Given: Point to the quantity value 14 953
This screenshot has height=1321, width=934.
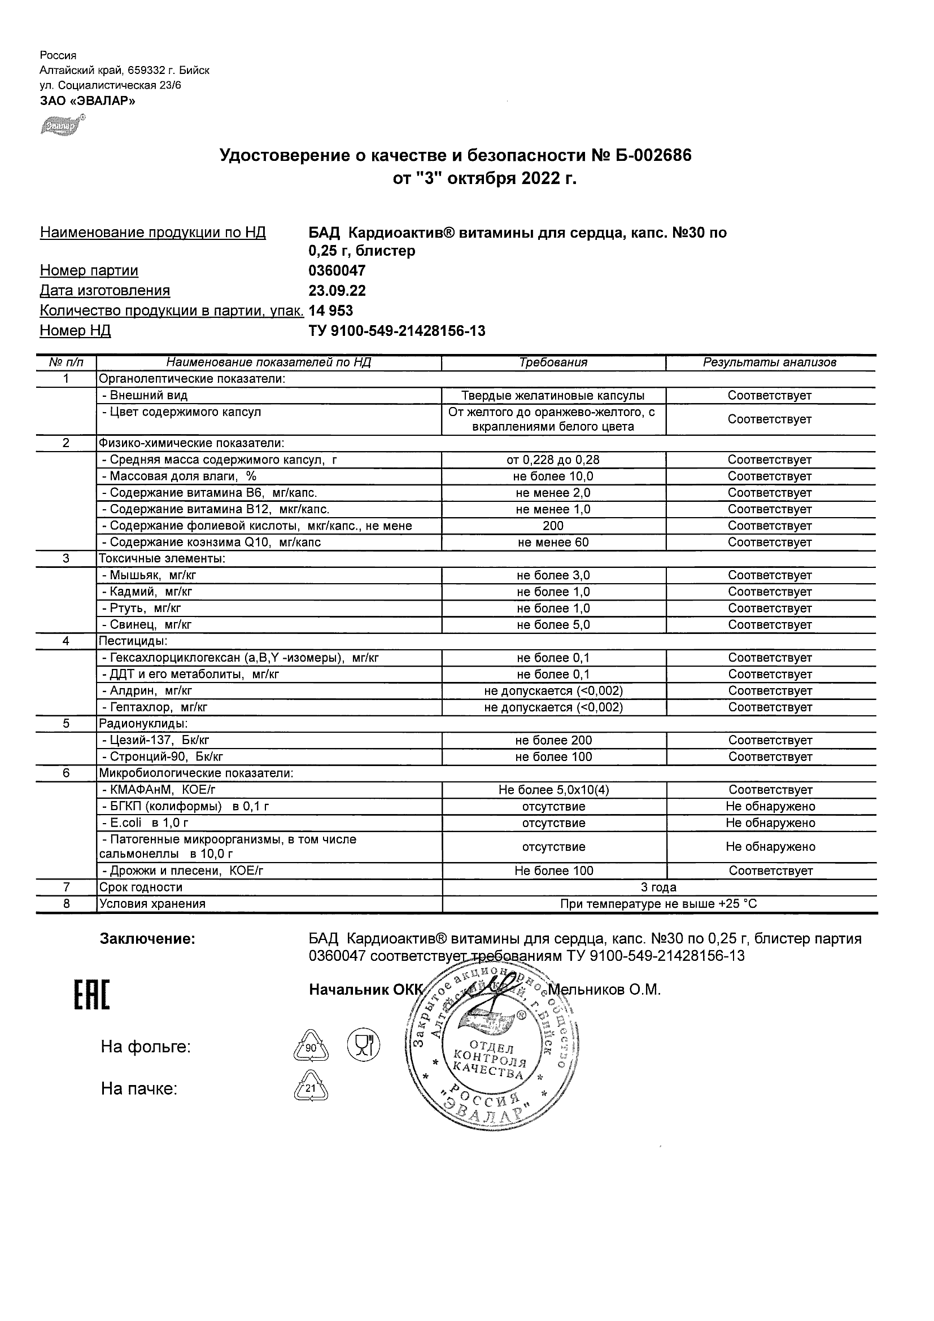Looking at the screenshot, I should tap(331, 310).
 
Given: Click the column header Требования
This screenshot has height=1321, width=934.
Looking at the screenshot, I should tap(553, 362).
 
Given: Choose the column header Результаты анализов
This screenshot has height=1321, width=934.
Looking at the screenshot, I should tap(770, 362).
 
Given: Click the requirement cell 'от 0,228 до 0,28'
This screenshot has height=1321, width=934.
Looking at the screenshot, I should tap(553, 460).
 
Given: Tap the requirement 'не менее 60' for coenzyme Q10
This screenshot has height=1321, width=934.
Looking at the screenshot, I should tap(553, 542).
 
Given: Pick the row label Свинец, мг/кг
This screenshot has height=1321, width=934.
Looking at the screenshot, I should tap(151, 625).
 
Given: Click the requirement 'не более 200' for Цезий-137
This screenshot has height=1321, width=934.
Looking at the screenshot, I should tap(553, 741).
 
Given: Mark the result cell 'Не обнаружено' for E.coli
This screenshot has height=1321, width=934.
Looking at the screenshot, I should tap(770, 823).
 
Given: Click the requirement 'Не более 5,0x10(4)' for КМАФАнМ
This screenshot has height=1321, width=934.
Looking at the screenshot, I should tap(553, 790).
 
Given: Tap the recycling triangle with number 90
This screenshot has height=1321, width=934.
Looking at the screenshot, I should tap(311, 1047).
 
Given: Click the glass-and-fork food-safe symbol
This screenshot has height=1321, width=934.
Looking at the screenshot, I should tap(363, 1045).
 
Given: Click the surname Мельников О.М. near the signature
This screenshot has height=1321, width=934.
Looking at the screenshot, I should tap(604, 990).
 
